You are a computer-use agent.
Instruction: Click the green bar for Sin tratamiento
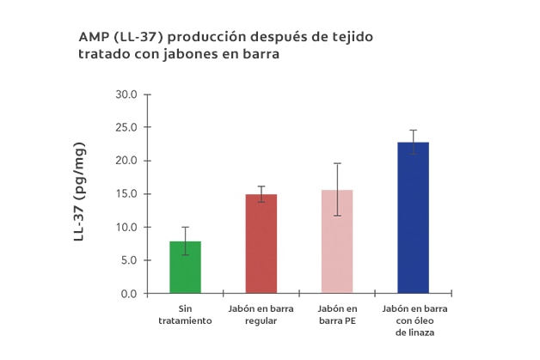185,267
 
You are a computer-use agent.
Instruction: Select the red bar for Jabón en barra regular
261,244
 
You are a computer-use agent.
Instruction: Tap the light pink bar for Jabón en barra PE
336,241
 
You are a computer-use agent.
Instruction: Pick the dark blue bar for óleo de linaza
413,218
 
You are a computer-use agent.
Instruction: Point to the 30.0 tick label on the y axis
126,95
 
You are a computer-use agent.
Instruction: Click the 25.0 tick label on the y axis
126,128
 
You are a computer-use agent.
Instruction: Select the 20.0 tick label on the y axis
126,161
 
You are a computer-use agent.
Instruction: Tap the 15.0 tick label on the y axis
126,194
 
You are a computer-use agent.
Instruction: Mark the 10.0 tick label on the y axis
126,228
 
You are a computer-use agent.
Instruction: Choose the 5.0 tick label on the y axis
129,260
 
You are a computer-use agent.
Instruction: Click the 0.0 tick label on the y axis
129,294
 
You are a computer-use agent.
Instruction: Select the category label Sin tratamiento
185,314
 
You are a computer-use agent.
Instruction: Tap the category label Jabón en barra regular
261,314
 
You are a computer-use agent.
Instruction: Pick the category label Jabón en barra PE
336,314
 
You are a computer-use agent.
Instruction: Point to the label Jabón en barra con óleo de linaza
413,320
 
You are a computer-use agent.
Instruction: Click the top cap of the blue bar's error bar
413,131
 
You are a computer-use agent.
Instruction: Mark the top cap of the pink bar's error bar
336,163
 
